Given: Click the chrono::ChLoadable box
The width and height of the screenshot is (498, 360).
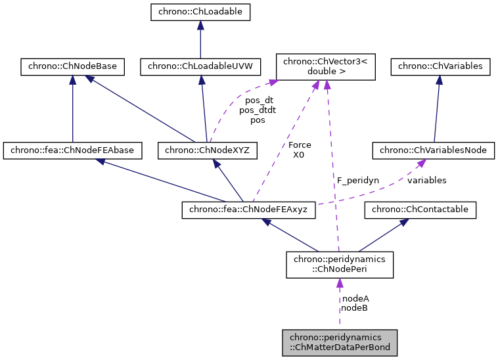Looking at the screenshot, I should pos(200,11).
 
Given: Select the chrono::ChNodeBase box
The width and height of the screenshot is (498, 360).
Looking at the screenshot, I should pos(72,66).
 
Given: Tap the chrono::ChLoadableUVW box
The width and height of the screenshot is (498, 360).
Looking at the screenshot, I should pos(200,66).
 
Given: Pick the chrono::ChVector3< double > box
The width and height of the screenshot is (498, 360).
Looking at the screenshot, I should pos(326,66).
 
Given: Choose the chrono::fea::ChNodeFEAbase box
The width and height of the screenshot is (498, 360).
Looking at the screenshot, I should pos(72,150).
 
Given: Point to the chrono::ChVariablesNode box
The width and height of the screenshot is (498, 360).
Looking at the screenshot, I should pos(434,150).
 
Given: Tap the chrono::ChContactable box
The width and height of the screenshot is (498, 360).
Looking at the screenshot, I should pos(420,210).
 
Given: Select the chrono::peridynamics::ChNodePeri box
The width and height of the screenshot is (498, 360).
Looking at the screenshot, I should pos(340,264).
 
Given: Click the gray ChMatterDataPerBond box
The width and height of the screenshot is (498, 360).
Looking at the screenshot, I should pos(340,342).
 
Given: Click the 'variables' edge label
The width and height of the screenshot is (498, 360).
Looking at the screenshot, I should pos(426,180).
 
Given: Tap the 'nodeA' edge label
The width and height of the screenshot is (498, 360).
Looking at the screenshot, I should pos(355,298).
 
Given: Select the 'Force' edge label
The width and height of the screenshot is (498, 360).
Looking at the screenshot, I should pos(300,145).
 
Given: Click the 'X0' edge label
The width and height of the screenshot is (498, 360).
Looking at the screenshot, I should pos(300,154).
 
